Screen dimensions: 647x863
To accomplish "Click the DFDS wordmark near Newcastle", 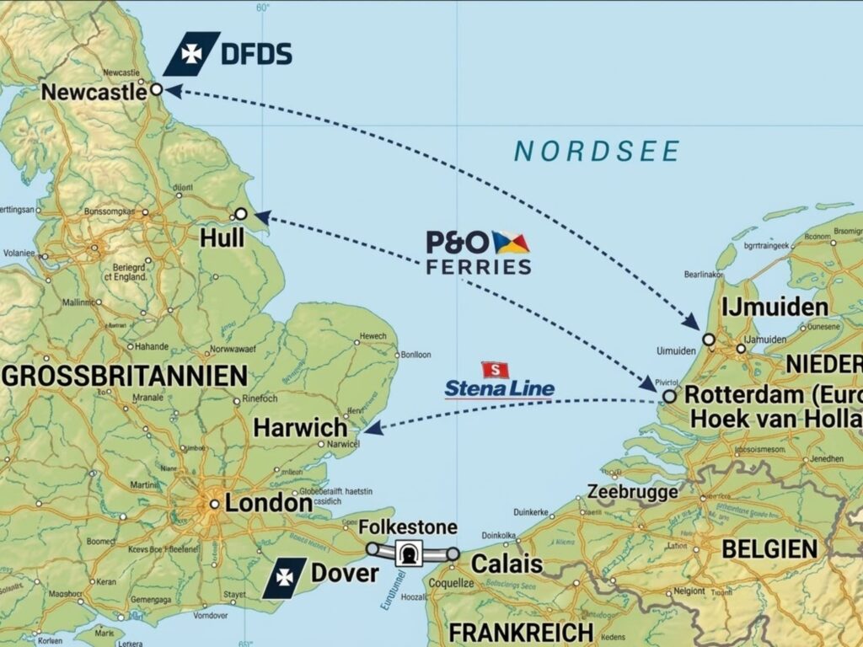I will pos(256,56).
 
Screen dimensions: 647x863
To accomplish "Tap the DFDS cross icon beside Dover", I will pos(284,578).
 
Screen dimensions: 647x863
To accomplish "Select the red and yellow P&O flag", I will pos(511,243).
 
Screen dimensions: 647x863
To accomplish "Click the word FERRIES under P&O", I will pos(479,267).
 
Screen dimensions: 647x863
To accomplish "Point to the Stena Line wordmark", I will pos(500,388).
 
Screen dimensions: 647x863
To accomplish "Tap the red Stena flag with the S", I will pos(496,369).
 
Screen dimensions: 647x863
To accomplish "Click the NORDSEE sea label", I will pos(597,152).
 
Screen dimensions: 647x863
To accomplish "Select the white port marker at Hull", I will pos(241,214).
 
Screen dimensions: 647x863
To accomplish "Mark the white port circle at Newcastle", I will pos(156,89).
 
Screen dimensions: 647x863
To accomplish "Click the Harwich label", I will pos(300,427).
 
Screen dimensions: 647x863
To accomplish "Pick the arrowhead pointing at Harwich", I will pos(373,428).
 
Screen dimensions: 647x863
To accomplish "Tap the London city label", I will pos(268,504).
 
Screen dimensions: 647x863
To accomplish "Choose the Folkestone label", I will pos(408,528).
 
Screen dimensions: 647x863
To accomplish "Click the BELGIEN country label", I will pos(769,549).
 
